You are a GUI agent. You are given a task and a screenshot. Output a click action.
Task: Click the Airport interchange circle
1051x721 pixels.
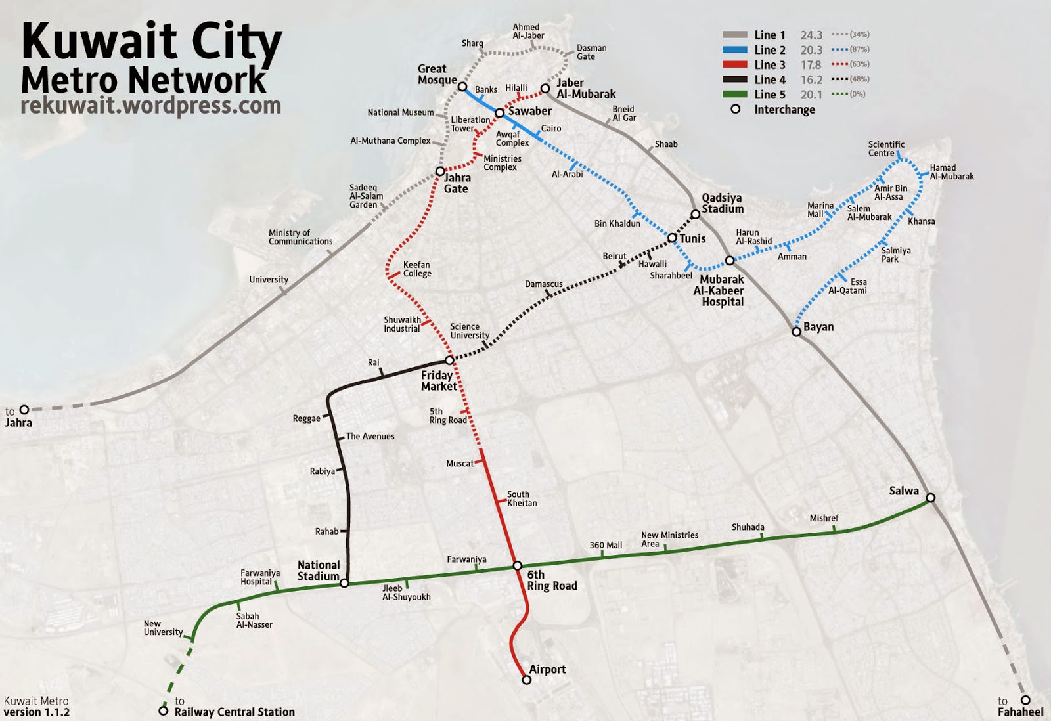pos(526,680)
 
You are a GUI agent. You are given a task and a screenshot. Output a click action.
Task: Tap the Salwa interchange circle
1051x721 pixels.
pos(930,498)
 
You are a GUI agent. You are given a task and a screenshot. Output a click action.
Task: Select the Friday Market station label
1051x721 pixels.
pos(438,381)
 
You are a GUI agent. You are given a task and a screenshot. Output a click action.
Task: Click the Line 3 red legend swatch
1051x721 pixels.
pos(734,64)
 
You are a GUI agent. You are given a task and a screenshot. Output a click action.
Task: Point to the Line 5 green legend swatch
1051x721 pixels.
pos(734,94)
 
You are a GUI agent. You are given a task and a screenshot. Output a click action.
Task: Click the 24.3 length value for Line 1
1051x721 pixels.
pos(811,35)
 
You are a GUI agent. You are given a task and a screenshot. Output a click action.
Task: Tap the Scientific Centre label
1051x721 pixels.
pos(885,148)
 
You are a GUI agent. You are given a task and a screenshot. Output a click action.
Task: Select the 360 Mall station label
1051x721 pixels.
pos(606,545)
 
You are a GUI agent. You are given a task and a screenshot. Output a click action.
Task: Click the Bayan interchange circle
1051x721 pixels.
pos(796,332)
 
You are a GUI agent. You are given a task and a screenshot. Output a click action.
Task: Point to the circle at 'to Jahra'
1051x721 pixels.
pos(24,410)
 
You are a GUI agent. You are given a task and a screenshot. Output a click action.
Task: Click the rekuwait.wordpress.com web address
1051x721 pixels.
pos(150,106)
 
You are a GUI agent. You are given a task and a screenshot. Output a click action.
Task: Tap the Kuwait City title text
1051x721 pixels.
pos(152,41)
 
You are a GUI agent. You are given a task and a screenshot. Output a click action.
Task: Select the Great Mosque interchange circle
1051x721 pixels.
pos(462,87)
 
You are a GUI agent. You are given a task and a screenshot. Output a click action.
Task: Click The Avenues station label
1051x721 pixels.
pos(370,436)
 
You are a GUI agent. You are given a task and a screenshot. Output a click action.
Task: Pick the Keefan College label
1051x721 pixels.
pos(417,269)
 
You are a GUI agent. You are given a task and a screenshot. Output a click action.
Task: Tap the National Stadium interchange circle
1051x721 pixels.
pos(344,582)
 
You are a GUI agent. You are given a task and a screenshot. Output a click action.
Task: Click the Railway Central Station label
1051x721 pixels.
pos(235,712)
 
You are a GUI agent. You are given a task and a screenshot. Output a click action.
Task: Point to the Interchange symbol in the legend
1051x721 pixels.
pos(736,109)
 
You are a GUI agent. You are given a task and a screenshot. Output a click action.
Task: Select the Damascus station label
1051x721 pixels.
pos(543,284)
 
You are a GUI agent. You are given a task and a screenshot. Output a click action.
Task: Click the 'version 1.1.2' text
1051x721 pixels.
pos(36,712)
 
